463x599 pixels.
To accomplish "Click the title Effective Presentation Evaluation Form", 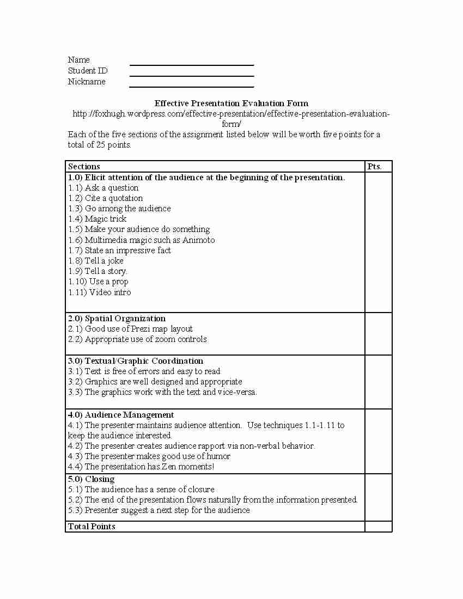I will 231,103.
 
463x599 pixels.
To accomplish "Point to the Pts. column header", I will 374,167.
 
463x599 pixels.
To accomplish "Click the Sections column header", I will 84,167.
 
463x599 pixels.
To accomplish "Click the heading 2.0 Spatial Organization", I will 117,319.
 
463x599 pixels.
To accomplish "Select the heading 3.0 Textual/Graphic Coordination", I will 136,361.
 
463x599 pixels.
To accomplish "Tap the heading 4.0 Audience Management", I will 121,415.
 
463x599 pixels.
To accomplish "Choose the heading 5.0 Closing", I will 91,479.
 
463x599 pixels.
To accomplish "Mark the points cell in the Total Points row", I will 378,527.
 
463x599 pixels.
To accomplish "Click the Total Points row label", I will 92,527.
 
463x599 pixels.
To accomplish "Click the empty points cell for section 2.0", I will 378,334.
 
